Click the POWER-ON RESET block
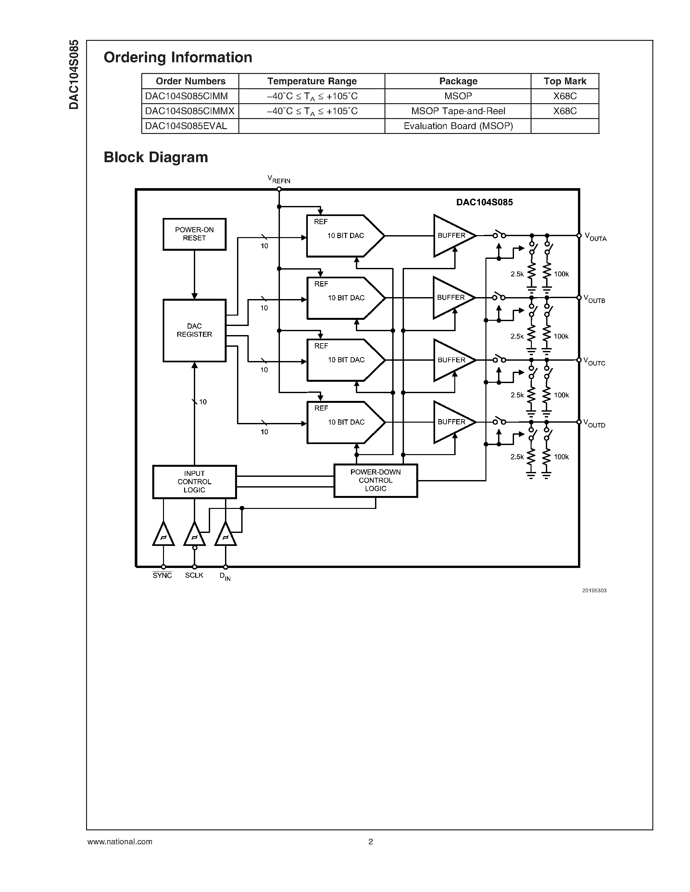(x=194, y=234)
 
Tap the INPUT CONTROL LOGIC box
(x=194, y=482)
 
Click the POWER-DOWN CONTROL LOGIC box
(x=375, y=480)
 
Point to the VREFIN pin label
(x=279, y=179)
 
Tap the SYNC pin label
(x=162, y=575)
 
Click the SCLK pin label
(x=194, y=575)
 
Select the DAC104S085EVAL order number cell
(x=186, y=126)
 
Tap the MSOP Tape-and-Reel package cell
(x=458, y=111)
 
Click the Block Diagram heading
(x=156, y=157)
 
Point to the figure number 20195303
(x=594, y=591)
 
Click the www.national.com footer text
(x=120, y=842)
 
